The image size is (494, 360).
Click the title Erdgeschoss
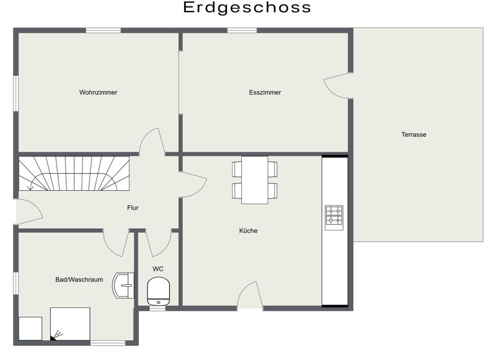247,8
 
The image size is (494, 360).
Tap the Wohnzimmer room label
98,93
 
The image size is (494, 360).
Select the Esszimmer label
265,93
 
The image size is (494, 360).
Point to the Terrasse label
414,134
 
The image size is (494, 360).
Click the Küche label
248,230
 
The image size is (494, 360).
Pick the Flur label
133,208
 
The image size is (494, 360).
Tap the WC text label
158,269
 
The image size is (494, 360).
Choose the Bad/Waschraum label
79,280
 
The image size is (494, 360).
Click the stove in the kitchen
334,217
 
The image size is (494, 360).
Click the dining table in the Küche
255,180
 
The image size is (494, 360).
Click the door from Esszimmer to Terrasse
338,85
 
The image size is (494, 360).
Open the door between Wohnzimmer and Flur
152,141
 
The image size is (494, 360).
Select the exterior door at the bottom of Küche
250,296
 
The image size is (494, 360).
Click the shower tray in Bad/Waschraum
70,323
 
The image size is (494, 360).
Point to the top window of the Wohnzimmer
104,30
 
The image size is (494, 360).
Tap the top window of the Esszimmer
242,30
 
